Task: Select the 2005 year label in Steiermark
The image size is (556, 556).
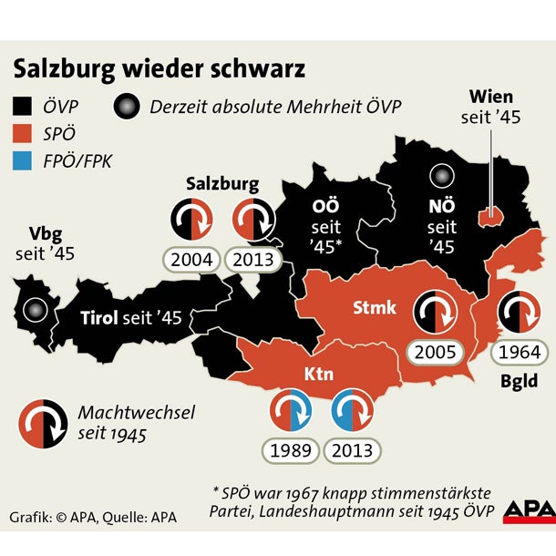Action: click(435, 352)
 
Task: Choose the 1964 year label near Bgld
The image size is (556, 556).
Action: click(518, 352)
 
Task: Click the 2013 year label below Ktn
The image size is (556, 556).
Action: click(352, 449)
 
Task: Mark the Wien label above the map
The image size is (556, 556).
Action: click(491, 97)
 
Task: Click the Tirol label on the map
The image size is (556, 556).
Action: click(100, 317)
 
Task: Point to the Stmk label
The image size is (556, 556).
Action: click(375, 308)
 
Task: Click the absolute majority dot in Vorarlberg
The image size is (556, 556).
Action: click(36, 310)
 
